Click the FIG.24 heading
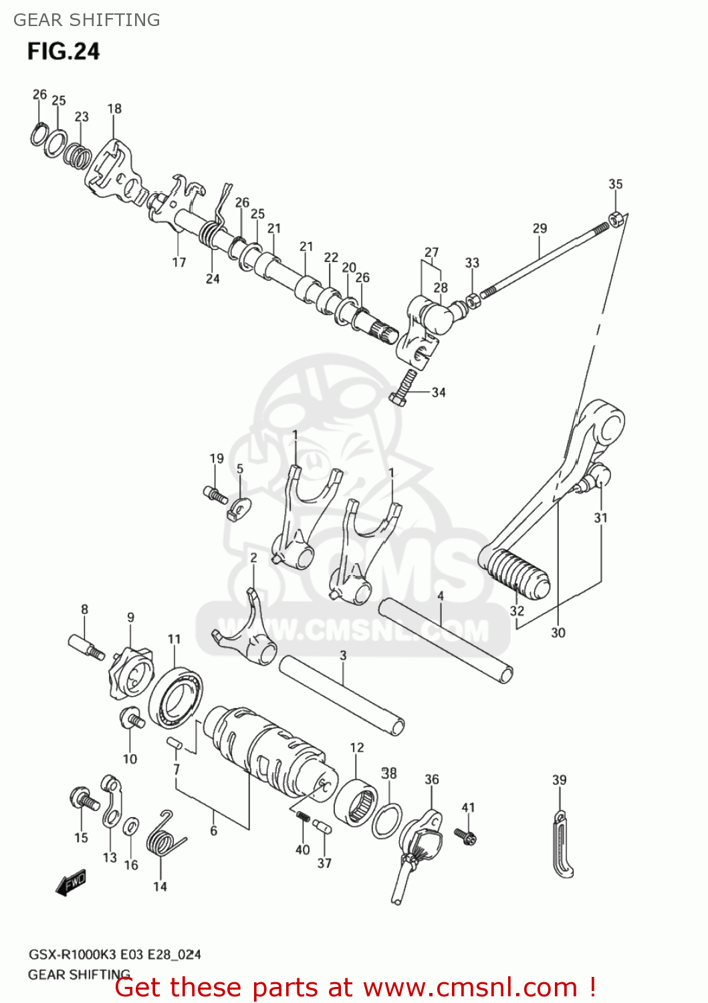coord(64,51)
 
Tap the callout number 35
coord(615,184)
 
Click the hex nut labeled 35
coord(616,218)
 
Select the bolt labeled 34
coord(402,388)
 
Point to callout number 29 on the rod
coord(540,228)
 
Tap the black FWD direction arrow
coord(71,883)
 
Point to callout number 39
coord(559,780)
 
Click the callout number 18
coord(114,108)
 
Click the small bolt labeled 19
coord(215,495)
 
